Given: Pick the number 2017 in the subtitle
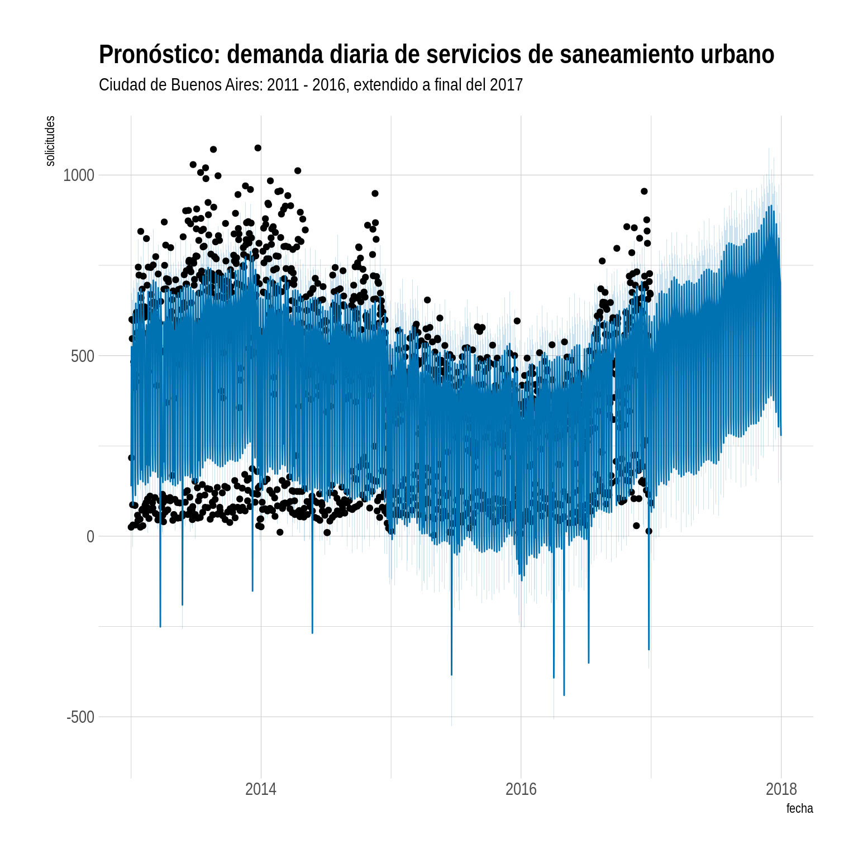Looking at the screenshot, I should [506, 85].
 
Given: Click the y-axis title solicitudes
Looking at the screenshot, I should [50, 141].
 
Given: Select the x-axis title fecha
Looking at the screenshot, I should [799, 808].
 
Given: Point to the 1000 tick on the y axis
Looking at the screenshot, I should [79, 175].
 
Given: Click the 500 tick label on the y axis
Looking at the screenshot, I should [83, 356].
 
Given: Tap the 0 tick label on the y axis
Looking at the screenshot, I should [90, 537].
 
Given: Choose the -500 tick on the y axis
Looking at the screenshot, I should [80, 717].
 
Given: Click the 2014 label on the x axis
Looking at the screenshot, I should [261, 789].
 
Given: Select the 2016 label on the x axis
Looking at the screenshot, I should [521, 789].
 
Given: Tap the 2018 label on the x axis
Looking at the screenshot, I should [781, 789].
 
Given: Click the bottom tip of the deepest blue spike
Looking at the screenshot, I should [564, 695].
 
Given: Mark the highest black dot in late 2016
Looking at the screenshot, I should [644, 191].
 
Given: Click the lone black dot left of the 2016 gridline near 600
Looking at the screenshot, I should [517, 321].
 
